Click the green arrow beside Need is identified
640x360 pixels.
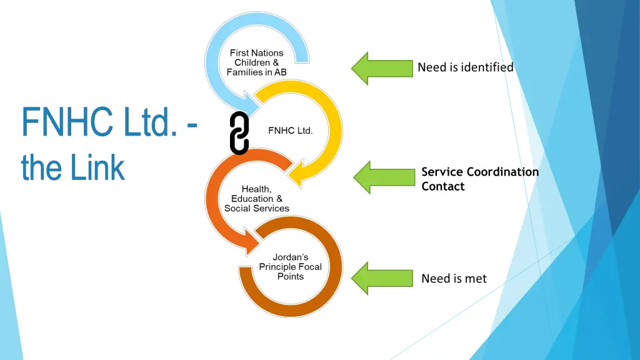[381, 68]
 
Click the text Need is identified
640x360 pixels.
[465, 67]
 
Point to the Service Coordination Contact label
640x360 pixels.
[479, 179]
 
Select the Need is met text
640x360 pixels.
[454, 279]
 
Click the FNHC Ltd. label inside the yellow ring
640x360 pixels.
[290, 131]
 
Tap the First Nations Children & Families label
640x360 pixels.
[256, 62]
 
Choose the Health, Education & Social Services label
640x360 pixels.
[256, 199]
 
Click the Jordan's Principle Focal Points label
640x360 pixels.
[290, 267]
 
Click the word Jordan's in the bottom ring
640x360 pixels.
[290, 257]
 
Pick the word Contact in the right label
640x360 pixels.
[442, 186]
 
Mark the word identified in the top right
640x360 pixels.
[488, 67]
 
